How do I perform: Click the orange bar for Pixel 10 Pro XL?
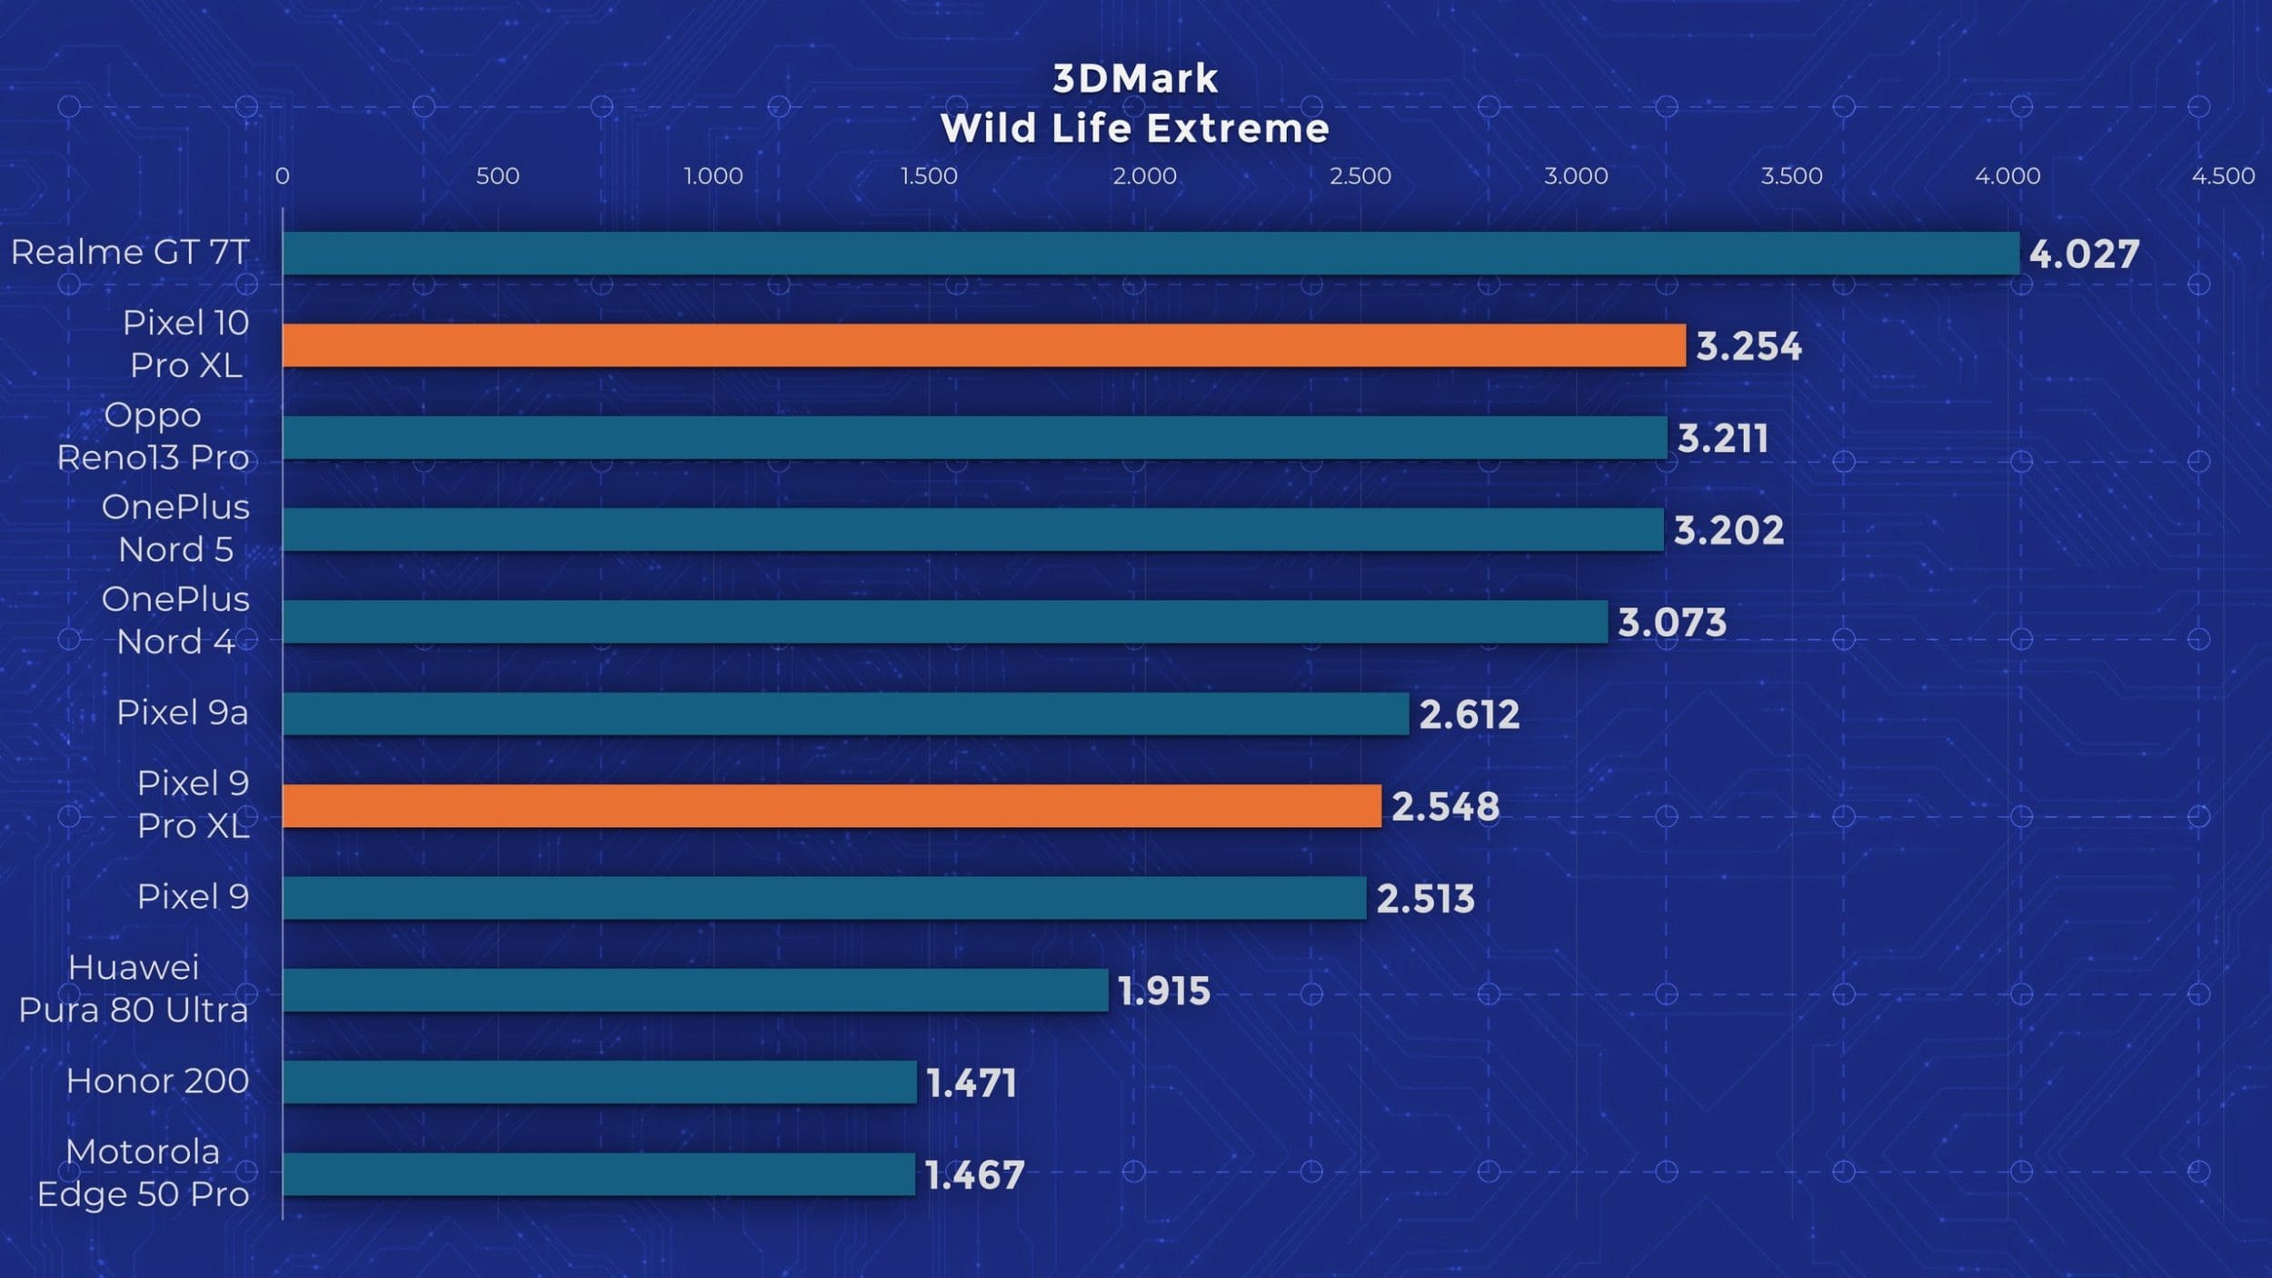983,345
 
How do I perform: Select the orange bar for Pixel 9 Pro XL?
832,806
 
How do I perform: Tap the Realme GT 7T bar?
1151,253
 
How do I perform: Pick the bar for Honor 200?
600,1082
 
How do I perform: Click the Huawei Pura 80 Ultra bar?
695,990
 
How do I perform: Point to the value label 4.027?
2084,255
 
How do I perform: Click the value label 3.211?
1722,439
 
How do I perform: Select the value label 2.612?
1469,714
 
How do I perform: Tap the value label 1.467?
974,1175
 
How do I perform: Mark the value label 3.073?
1671,623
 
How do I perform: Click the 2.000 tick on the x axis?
1144,176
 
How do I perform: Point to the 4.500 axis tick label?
2223,176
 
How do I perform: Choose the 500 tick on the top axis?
498,176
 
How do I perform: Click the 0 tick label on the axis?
283,176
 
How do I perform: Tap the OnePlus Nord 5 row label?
175,528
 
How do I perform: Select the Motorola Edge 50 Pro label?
143,1173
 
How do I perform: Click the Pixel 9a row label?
182,713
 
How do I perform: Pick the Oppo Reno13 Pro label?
153,436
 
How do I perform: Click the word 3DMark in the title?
1135,79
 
